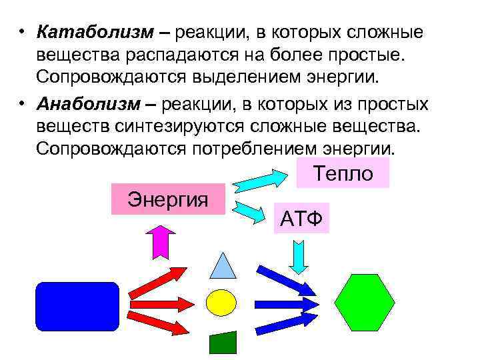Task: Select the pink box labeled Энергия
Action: click(169, 199)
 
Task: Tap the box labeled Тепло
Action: click(343, 173)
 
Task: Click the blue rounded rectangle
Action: click(77, 307)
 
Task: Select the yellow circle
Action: click(221, 302)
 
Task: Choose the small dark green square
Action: click(223, 342)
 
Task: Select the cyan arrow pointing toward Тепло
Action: click(259, 179)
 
